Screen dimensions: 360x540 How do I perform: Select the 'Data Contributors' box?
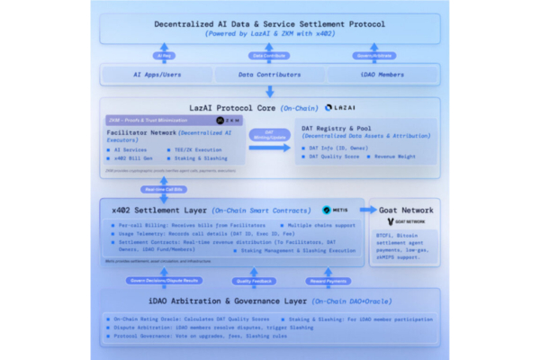tap(270, 75)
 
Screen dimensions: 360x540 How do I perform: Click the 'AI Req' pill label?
tap(166, 55)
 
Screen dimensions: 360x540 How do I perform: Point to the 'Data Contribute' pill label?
tap(270, 55)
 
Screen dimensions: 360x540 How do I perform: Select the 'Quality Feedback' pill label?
tap(254, 280)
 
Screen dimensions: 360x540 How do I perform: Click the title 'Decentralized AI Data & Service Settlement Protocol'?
tap(270, 23)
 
